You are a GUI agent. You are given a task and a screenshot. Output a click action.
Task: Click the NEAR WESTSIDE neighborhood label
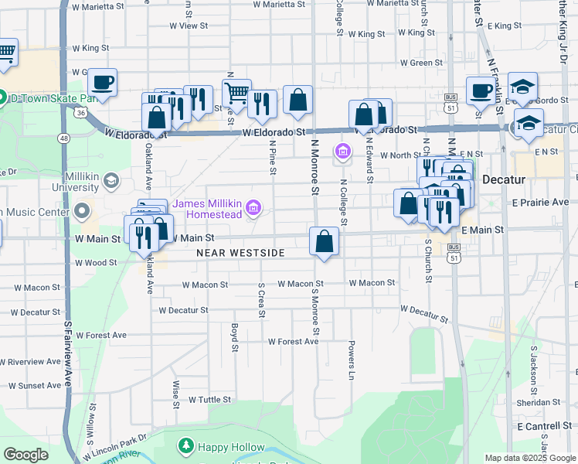[x=240, y=253]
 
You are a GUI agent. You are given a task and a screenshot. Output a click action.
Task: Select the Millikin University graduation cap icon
[x=110, y=181]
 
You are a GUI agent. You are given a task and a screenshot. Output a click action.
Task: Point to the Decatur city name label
[x=503, y=179]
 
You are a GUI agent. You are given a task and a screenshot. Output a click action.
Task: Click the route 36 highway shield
[x=80, y=113]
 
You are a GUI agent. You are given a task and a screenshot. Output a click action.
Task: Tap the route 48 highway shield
[x=64, y=138]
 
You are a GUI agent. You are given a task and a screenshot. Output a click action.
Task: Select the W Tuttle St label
[x=209, y=400]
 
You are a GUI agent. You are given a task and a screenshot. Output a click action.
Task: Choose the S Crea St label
[x=262, y=301]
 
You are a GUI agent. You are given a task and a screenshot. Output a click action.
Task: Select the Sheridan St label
[x=539, y=402]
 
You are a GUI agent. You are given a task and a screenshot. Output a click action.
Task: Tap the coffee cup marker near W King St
[x=102, y=82]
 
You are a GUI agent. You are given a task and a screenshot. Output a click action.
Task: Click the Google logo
[x=25, y=455]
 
